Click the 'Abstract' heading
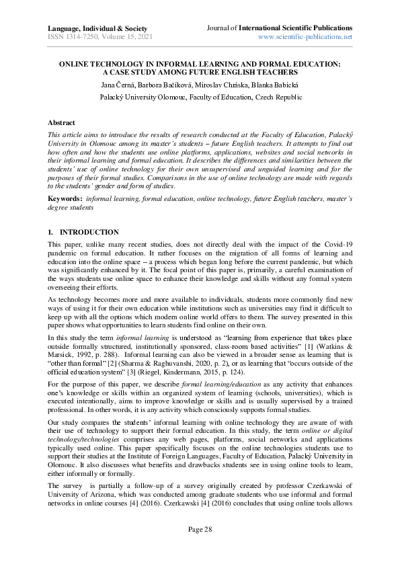click(61, 123)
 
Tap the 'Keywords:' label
click(65, 199)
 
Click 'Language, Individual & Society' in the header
click(93, 28)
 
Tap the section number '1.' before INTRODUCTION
click(51, 232)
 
